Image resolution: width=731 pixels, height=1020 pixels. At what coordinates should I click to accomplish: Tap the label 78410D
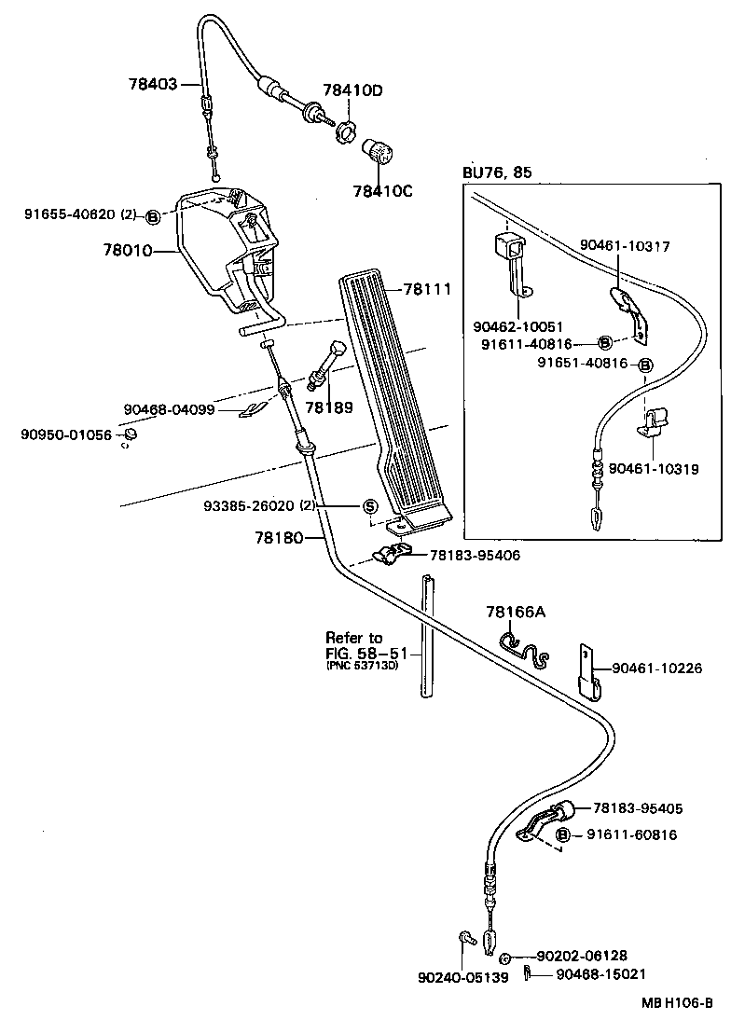click(x=352, y=90)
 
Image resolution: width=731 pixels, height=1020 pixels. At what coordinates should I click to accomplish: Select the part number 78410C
click(x=381, y=191)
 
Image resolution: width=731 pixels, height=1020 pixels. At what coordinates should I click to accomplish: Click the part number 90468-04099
click(x=169, y=408)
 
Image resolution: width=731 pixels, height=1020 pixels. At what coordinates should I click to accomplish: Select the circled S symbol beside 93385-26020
click(x=369, y=506)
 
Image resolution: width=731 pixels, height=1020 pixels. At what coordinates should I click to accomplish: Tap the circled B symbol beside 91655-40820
click(x=154, y=216)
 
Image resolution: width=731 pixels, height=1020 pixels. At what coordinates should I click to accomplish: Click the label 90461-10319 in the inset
click(x=653, y=469)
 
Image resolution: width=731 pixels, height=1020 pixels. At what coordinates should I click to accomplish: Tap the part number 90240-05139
click(x=462, y=977)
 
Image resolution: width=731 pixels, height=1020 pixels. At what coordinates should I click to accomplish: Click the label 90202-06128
click(x=581, y=956)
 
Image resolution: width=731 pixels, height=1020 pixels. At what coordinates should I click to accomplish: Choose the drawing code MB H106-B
click(x=675, y=1003)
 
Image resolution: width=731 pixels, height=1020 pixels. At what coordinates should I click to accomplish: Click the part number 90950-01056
click(x=66, y=434)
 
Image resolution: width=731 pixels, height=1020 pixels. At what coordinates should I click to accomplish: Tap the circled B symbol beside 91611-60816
click(x=563, y=834)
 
